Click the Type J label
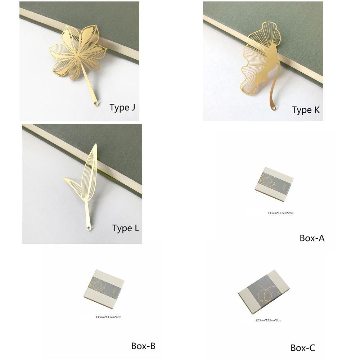tap(122, 107)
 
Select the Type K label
tap(306, 110)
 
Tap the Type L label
tap(125, 228)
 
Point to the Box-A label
tap(312, 238)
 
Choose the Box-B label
tap(143, 346)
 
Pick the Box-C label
tap(303, 348)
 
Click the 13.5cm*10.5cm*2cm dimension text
tap(280, 213)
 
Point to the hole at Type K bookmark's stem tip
tap(274, 108)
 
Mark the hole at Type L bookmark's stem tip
tap(88, 228)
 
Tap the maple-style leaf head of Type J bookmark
tap(77, 53)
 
